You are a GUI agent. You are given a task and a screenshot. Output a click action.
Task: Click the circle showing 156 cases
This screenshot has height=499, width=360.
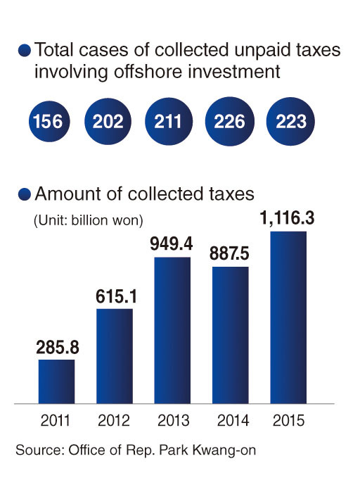(49, 121)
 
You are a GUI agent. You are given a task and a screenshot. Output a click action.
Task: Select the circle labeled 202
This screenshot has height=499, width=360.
(108, 121)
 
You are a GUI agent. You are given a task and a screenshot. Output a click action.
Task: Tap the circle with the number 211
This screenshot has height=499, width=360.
(169, 121)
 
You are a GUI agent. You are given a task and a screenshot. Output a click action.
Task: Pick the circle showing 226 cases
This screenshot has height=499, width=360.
(230, 121)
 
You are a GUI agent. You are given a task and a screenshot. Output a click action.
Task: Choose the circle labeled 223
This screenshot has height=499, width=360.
(290, 121)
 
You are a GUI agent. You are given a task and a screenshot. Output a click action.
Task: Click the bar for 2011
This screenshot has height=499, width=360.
(57, 381)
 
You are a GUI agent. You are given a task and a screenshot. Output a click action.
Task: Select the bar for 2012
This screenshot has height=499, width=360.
(115, 356)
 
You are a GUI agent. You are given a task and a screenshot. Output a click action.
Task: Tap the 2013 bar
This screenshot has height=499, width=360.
(172, 330)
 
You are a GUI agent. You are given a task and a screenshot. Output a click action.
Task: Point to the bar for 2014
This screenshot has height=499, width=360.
(230, 335)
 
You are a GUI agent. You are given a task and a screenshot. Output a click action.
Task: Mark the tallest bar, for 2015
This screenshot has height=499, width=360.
(288, 317)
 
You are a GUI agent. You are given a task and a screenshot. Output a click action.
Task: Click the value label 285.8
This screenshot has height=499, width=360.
(58, 347)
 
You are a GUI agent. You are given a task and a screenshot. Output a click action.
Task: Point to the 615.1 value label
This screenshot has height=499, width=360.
(117, 296)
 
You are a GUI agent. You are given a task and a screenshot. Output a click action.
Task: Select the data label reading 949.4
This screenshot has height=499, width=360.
(172, 244)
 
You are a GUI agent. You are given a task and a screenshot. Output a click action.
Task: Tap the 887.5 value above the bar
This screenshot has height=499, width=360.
(229, 253)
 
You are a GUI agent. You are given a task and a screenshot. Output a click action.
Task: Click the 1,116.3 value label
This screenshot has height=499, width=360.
(287, 218)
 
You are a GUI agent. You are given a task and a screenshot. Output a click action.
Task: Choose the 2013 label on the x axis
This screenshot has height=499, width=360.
(174, 420)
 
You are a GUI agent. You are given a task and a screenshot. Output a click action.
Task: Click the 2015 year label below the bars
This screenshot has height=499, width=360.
(288, 420)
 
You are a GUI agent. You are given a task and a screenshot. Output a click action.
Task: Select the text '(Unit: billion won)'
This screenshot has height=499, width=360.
(89, 220)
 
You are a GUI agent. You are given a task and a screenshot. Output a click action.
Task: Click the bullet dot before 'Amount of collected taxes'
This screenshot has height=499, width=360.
(25, 194)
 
